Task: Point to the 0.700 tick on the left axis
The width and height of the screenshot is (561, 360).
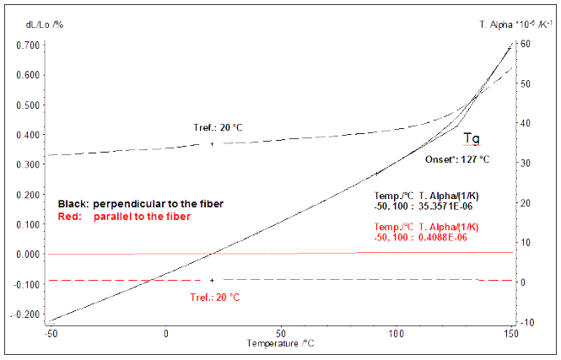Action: pos(31,45)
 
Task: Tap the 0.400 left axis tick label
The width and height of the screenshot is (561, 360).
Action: pos(31,135)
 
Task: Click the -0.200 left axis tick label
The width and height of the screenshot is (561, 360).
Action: pos(30,314)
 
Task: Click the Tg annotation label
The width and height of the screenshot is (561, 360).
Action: pos(472,137)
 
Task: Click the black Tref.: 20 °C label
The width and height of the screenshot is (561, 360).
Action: pos(218,128)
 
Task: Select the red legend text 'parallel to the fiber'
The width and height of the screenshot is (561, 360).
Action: pos(143,217)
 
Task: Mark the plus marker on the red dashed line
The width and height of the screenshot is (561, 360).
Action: pos(212,280)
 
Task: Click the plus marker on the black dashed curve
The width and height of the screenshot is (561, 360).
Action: pos(212,144)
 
